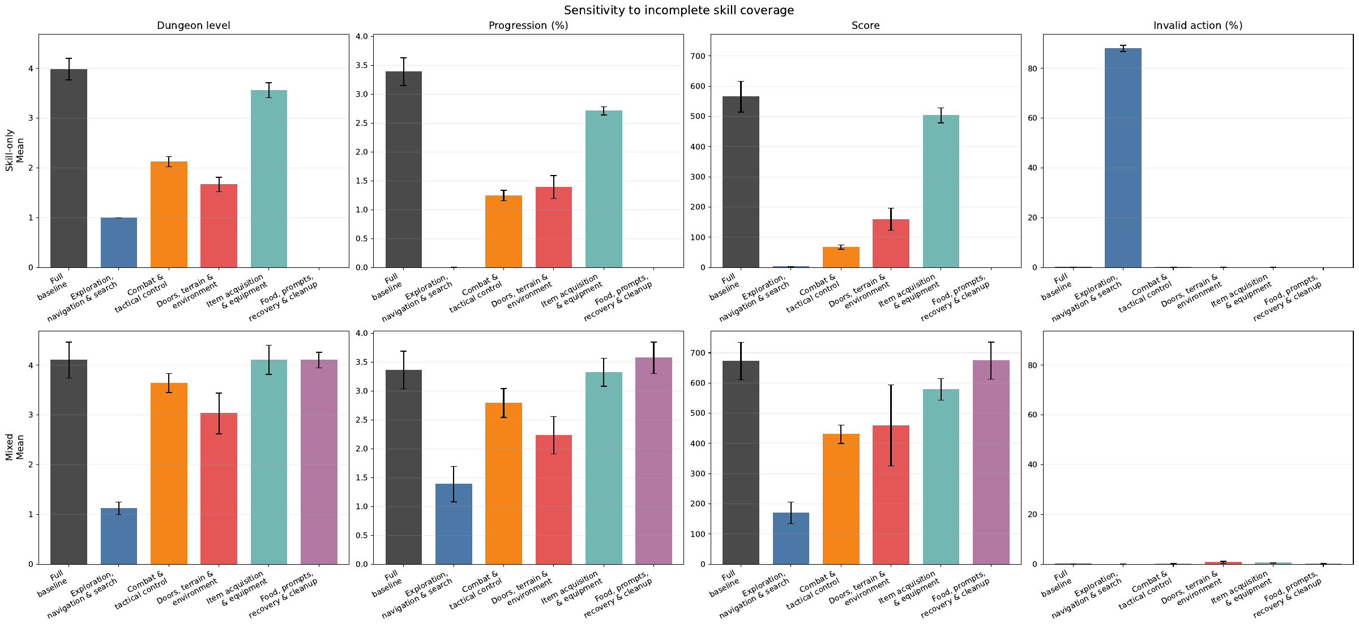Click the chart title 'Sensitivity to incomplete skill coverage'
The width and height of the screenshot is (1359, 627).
point(679,10)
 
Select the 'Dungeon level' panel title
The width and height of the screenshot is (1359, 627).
point(194,25)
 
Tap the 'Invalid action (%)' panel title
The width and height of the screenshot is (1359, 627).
point(1198,25)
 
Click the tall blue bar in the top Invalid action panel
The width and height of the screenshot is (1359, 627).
point(1123,158)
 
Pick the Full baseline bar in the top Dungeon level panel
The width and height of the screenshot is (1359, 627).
point(69,168)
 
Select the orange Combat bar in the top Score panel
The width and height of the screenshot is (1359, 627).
point(841,257)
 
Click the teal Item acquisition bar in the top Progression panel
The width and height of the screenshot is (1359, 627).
point(604,189)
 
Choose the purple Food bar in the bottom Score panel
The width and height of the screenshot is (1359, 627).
point(991,462)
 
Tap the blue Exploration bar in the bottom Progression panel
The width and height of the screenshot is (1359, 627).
point(454,524)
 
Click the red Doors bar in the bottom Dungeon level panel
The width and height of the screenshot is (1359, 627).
point(219,488)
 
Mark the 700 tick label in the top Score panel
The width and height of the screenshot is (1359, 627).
point(697,56)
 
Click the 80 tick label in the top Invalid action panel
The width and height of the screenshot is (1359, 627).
point(1032,69)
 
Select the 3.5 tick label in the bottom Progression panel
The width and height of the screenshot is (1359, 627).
point(361,362)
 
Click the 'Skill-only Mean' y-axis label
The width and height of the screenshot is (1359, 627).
point(15,150)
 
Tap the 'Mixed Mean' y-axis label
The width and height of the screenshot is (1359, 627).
point(15,447)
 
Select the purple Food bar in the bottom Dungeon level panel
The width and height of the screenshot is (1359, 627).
point(319,462)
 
